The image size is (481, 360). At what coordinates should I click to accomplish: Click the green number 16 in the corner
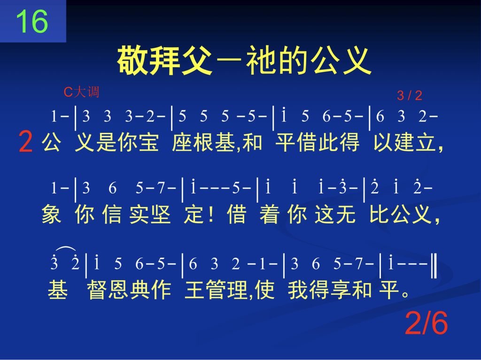32,21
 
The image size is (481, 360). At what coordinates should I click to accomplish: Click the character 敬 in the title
133,60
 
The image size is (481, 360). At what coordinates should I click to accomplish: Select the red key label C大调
81,92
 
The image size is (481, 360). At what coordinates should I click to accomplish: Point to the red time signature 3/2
410,96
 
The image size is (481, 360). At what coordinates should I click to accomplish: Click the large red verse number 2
25,141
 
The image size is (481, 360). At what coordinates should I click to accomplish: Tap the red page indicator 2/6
427,323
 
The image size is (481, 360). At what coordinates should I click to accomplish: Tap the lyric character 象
51,214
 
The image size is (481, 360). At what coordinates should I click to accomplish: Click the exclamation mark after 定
210,214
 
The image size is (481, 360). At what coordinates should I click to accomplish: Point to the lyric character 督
97,290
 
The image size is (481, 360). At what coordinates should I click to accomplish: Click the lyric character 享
340,290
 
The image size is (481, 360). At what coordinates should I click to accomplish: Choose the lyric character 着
269,214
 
